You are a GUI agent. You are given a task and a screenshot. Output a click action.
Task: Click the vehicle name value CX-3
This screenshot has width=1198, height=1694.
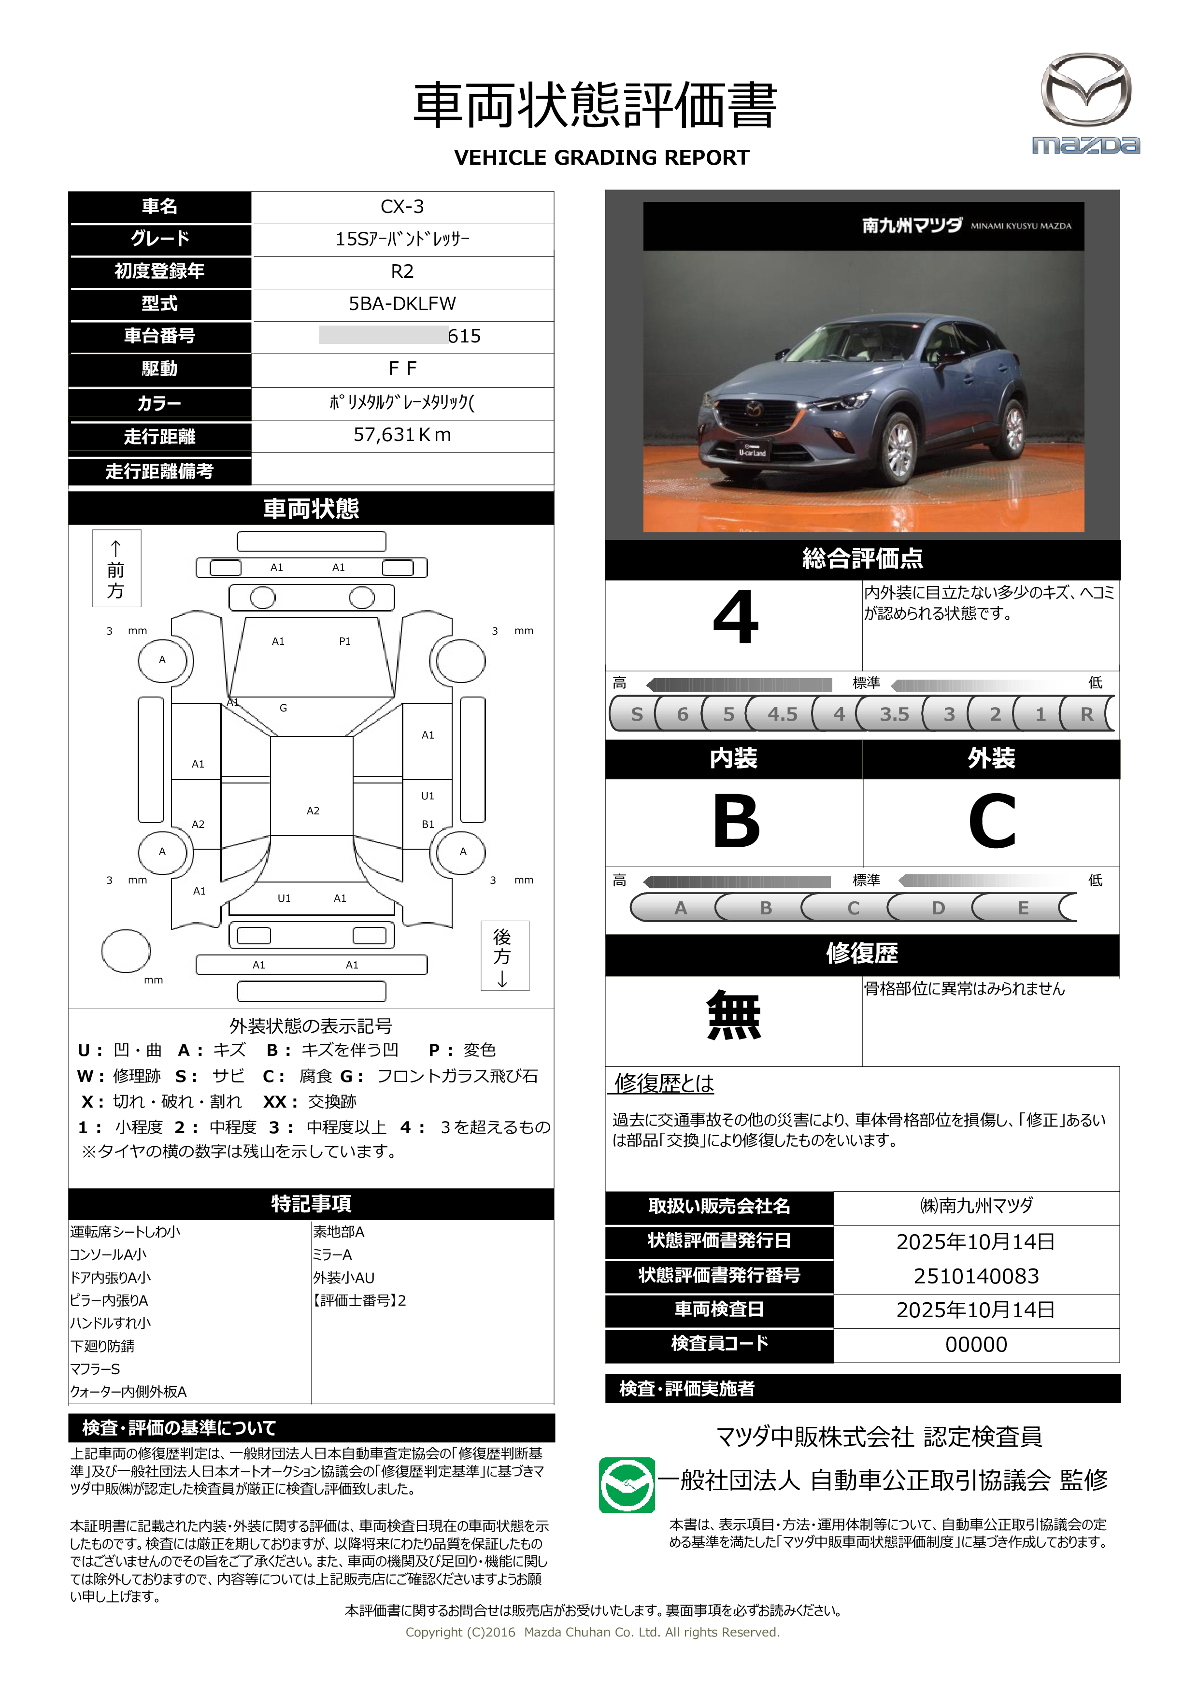click(402, 207)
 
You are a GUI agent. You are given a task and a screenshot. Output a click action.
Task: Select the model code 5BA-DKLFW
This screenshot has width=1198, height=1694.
click(402, 304)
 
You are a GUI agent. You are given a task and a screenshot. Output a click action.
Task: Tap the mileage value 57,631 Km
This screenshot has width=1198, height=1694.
click(402, 435)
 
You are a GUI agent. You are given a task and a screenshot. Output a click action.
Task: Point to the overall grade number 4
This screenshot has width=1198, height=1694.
click(736, 618)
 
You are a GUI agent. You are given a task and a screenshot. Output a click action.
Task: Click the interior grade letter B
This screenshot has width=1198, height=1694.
click(736, 821)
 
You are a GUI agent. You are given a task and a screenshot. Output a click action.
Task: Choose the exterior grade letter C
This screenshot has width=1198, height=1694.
click(991, 821)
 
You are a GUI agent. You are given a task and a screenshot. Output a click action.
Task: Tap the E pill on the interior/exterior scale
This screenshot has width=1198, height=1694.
click(1023, 908)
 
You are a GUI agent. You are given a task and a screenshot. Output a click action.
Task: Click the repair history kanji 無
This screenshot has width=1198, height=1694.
click(733, 1015)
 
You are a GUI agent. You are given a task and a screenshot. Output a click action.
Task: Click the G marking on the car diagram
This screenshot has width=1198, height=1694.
click(283, 708)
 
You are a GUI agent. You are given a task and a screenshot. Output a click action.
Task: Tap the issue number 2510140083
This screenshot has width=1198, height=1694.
click(976, 1276)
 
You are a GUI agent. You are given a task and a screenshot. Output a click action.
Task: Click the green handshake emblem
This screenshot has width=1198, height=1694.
click(627, 1485)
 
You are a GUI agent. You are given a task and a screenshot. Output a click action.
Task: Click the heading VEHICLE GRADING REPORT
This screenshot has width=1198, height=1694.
click(601, 158)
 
